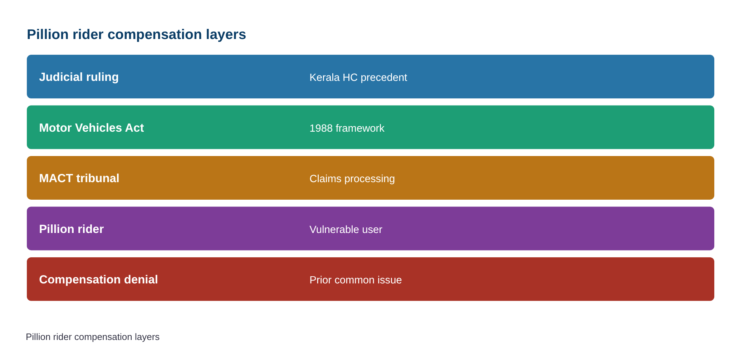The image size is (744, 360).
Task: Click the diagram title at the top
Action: coord(136,35)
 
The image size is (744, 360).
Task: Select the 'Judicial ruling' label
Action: coord(79,77)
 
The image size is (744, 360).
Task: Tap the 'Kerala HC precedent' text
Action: coord(358,77)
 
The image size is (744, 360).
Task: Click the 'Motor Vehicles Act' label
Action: coord(91,128)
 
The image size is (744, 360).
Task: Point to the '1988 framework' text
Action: coord(347,128)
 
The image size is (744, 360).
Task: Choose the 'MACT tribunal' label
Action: coord(79,178)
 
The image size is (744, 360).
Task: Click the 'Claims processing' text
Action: coord(352,179)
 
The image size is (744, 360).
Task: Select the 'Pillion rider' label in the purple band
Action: coord(71,229)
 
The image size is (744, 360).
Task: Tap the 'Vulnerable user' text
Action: coord(346,229)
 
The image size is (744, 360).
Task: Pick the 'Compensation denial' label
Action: coord(98,279)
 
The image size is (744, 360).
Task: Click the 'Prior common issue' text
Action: coord(356,280)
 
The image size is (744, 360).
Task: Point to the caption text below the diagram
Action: coord(93,337)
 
